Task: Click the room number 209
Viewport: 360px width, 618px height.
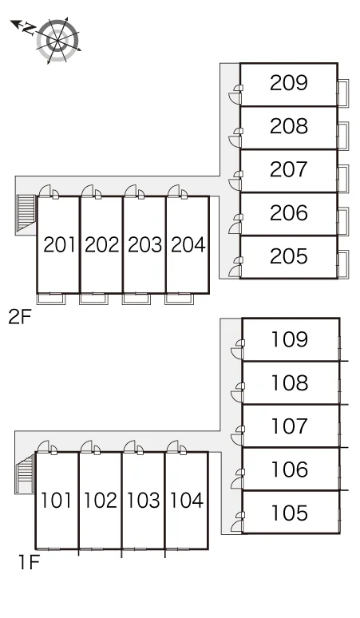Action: point(289,83)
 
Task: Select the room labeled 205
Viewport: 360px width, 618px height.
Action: point(289,256)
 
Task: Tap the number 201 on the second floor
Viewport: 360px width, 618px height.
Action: point(59,245)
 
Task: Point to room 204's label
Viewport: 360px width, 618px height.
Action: point(188,245)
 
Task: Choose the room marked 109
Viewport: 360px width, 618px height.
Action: point(290,339)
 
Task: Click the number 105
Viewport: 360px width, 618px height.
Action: point(290,513)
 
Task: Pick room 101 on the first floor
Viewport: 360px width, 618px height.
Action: point(57,500)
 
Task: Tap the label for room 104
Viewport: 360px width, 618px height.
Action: point(186,500)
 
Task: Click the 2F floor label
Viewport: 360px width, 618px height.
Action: point(20,317)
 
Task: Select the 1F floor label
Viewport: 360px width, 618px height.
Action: point(29,562)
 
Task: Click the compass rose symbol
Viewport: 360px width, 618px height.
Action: point(58,40)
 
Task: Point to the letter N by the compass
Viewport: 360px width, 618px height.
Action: point(28,29)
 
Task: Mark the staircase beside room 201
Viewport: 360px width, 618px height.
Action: point(26,213)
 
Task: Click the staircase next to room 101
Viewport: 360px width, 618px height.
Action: point(26,473)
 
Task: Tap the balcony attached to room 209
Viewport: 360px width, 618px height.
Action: point(343,93)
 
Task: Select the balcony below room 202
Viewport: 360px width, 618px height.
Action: point(93,299)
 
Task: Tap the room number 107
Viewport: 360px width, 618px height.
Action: point(290,426)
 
